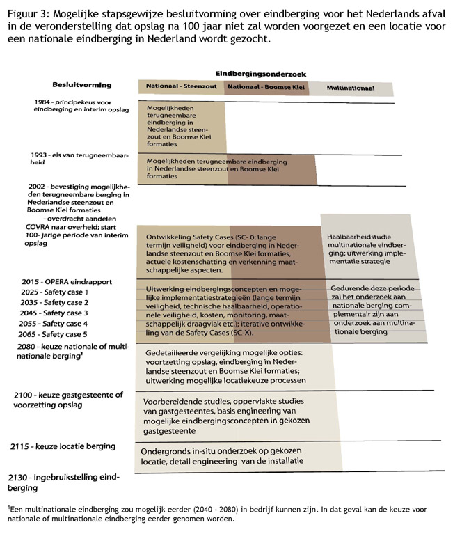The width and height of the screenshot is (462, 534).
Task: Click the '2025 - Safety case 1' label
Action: (x=56, y=292)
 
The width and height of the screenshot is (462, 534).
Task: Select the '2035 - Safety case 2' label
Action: (x=56, y=303)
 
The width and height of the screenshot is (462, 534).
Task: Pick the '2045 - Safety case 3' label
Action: (x=56, y=313)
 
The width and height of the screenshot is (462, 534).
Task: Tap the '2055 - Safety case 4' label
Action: (x=56, y=324)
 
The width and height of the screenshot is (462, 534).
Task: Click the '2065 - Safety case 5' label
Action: (x=56, y=334)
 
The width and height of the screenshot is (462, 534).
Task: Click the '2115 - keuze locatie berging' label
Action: (x=63, y=446)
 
